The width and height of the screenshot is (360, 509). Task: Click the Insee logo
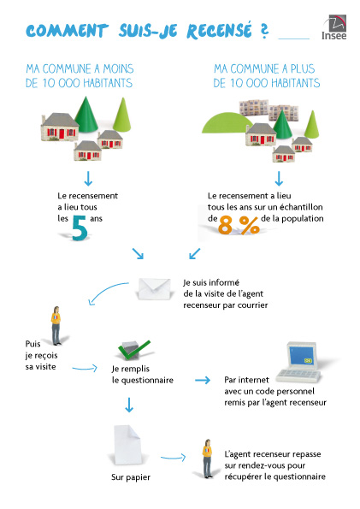[334, 27]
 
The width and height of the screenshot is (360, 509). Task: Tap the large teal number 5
[80, 228]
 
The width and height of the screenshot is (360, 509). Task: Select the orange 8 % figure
[239, 225]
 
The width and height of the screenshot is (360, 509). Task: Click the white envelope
[154, 288]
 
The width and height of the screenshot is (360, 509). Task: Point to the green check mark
[134, 350]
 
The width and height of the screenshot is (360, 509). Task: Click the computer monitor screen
[303, 357]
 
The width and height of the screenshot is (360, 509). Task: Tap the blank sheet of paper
[127, 445]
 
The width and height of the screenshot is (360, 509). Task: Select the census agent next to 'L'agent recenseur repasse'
[208, 459]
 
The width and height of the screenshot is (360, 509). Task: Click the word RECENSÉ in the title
[219, 31]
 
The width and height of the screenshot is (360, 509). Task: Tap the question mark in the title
[264, 31]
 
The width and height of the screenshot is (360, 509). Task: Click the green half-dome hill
[227, 123]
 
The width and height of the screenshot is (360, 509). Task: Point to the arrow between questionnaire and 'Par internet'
[203, 380]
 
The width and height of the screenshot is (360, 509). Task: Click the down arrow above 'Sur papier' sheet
[129, 405]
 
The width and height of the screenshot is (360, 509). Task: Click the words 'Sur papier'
[131, 477]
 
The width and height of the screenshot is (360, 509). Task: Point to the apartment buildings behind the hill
[269, 110]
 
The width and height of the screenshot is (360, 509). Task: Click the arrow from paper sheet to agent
[173, 458]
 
